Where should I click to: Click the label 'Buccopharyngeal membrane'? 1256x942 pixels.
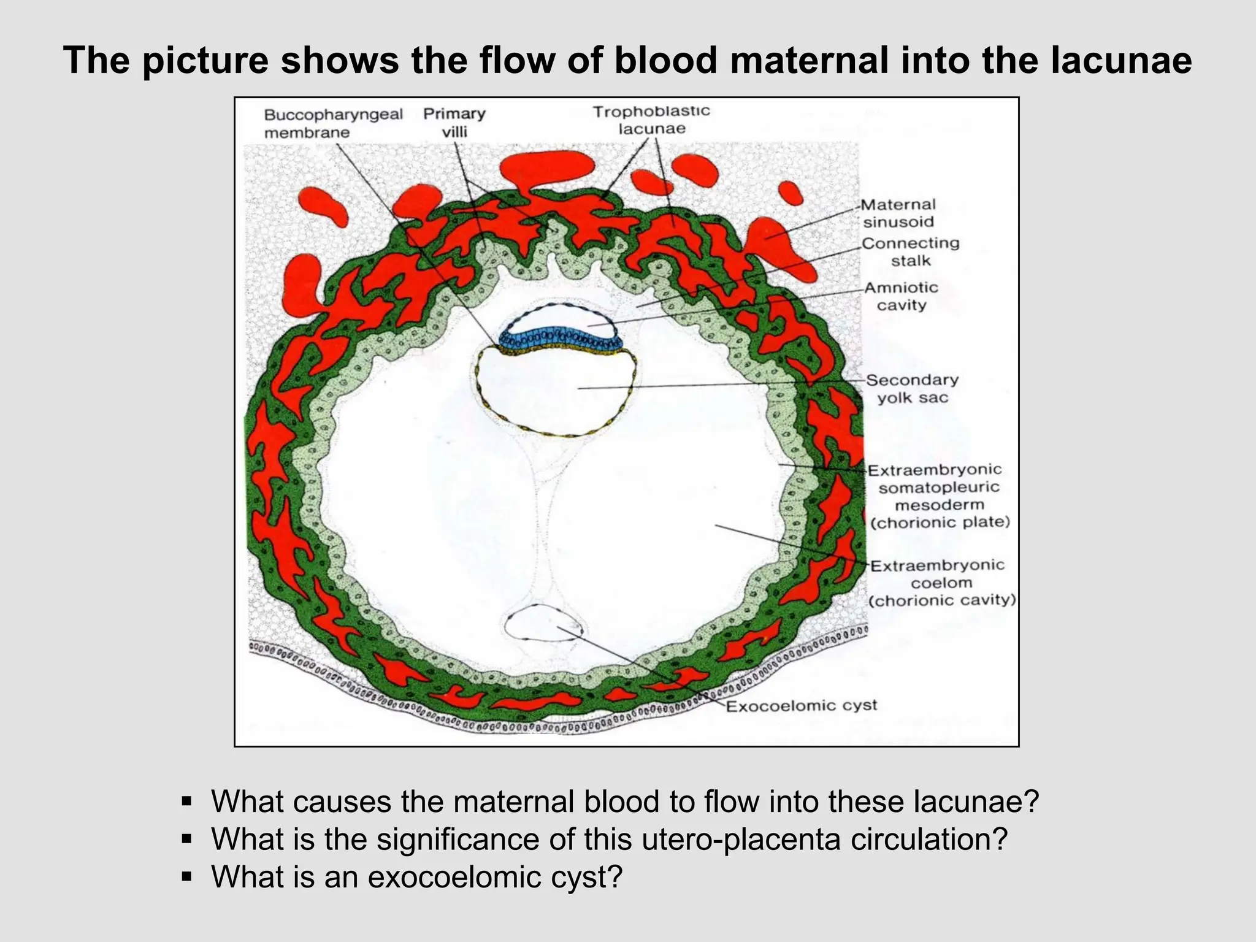[333, 123]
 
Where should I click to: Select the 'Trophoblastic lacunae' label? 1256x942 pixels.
[651, 120]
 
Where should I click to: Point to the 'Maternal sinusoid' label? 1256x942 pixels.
[898, 213]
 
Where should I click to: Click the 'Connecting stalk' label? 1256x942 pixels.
[910, 251]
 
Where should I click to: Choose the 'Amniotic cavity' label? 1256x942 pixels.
[901, 296]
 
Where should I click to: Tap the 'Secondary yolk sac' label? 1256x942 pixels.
[912, 388]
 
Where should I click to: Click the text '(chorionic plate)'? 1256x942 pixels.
[940, 522]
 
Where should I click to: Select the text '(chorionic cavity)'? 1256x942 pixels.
[942, 600]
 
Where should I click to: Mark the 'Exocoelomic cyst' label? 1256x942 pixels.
[801, 706]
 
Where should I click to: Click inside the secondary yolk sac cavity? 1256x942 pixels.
[552, 392]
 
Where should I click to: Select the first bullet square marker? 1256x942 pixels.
[187, 801]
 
